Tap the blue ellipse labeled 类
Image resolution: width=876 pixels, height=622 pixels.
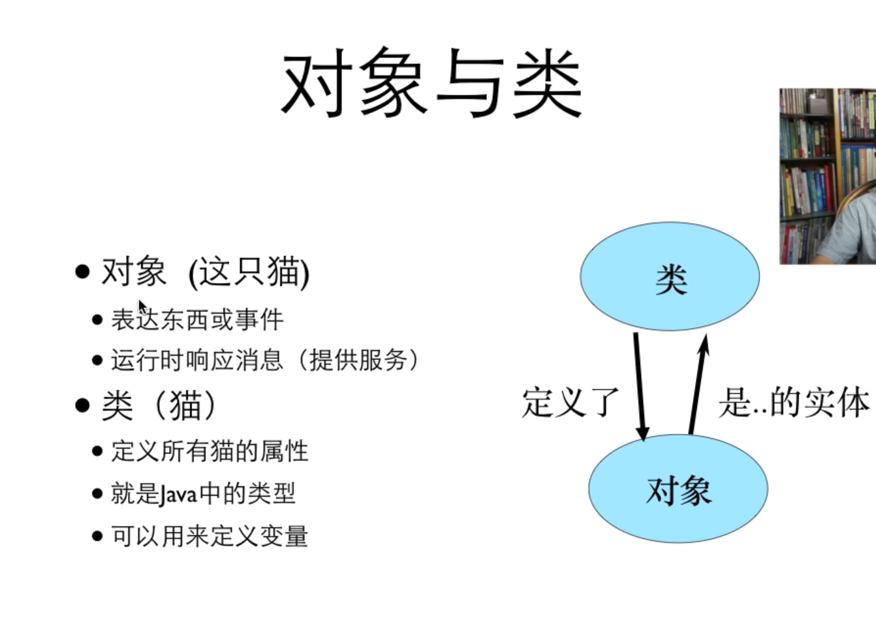[x=670, y=276]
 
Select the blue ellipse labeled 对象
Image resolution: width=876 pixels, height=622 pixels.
[x=678, y=489]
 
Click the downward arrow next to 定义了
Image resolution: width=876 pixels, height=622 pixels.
[x=639, y=385]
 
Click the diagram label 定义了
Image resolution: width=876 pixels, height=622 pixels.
[x=570, y=402]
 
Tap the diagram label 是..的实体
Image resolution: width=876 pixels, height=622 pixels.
[x=793, y=402]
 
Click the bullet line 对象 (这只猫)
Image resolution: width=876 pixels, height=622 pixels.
[x=205, y=272]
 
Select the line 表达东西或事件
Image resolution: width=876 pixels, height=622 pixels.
[x=197, y=319]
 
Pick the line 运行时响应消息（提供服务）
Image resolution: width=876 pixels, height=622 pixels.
[x=264, y=360]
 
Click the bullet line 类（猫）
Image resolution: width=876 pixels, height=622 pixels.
[x=159, y=406]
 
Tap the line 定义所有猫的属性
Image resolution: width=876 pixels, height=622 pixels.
[x=210, y=451]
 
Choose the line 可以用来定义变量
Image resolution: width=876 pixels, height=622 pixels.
[x=210, y=536]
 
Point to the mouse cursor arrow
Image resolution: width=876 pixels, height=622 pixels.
[x=142, y=307]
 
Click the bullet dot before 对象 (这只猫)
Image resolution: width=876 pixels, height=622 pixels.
[x=82, y=271]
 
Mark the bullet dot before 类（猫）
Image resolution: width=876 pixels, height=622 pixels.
[x=82, y=406]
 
